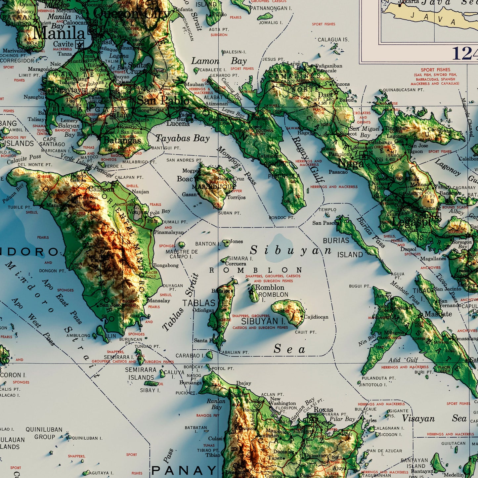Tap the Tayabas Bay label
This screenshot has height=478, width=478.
click(183, 138)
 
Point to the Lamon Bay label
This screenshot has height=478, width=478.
click(219, 61)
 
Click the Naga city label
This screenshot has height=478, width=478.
click(351, 163)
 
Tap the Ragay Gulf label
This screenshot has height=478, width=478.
click(308, 159)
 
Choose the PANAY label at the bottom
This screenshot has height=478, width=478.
click(184, 470)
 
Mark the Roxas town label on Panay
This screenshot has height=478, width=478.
click(323, 410)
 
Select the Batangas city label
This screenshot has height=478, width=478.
click(122, 140)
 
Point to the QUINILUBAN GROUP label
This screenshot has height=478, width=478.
click(44, 433)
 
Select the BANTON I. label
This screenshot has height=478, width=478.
click(205, 244)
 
